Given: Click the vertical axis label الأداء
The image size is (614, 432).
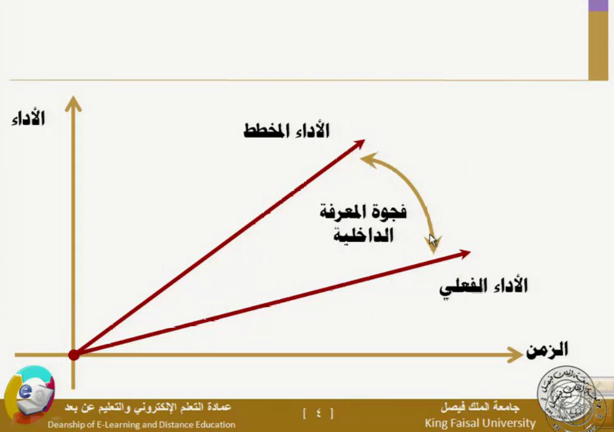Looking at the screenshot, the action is [28, 118].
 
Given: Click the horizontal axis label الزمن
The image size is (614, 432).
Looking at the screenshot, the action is [547, 349].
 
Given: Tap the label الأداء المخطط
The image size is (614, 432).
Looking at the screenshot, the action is [286, 131].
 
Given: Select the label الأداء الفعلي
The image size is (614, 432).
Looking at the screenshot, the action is [483, 287].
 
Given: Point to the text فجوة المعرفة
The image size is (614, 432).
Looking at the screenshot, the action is [363, 212].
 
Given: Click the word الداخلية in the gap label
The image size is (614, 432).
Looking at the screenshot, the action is [363, 235].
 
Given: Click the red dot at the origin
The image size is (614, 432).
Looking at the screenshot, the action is [74, 355].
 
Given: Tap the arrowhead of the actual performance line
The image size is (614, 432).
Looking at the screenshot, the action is [464, 254].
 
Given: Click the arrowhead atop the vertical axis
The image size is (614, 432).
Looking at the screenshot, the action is [73, 104].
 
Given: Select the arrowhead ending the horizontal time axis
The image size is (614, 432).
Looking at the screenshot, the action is [514, 355].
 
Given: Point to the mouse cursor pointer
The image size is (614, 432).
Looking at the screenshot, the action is [432, 240].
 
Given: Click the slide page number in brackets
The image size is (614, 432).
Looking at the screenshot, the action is [318, 413].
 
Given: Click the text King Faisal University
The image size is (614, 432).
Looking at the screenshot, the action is [480, 424].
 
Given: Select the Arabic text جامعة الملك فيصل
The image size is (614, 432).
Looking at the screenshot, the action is [480, 408].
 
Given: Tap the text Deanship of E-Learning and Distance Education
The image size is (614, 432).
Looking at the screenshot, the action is [141, 425].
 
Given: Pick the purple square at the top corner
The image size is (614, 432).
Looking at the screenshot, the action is [598, 5].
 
